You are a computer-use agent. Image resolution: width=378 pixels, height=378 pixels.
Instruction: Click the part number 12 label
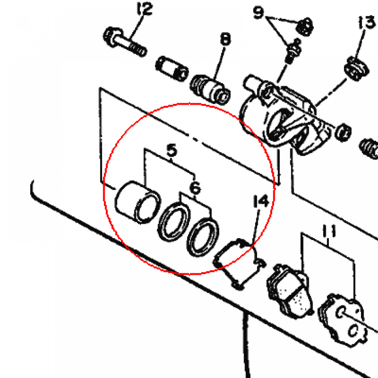click(x=144, y=9)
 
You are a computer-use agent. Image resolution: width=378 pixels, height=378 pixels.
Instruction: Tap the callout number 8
click(x=225, y=39)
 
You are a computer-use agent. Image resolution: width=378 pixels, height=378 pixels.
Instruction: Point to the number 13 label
click(x=367, y=23)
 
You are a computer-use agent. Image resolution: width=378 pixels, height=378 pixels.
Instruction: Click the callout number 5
click(x=172, y=151)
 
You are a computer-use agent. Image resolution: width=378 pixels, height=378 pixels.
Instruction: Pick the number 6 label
click(x=195, y=188)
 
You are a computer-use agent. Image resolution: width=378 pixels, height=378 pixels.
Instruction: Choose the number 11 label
click(x=329, y=231)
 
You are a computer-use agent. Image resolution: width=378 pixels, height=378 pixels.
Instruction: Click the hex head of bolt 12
click(x=111, y=37)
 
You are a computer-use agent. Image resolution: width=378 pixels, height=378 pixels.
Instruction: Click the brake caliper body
click(x=285, y=116)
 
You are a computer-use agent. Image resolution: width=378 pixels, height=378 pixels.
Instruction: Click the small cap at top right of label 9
click(x=305, y=26)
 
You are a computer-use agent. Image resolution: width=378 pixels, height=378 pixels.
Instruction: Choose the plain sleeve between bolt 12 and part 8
click(x=172, y=68)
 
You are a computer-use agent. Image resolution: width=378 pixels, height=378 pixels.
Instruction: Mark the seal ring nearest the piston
click(x=174, y=222)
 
